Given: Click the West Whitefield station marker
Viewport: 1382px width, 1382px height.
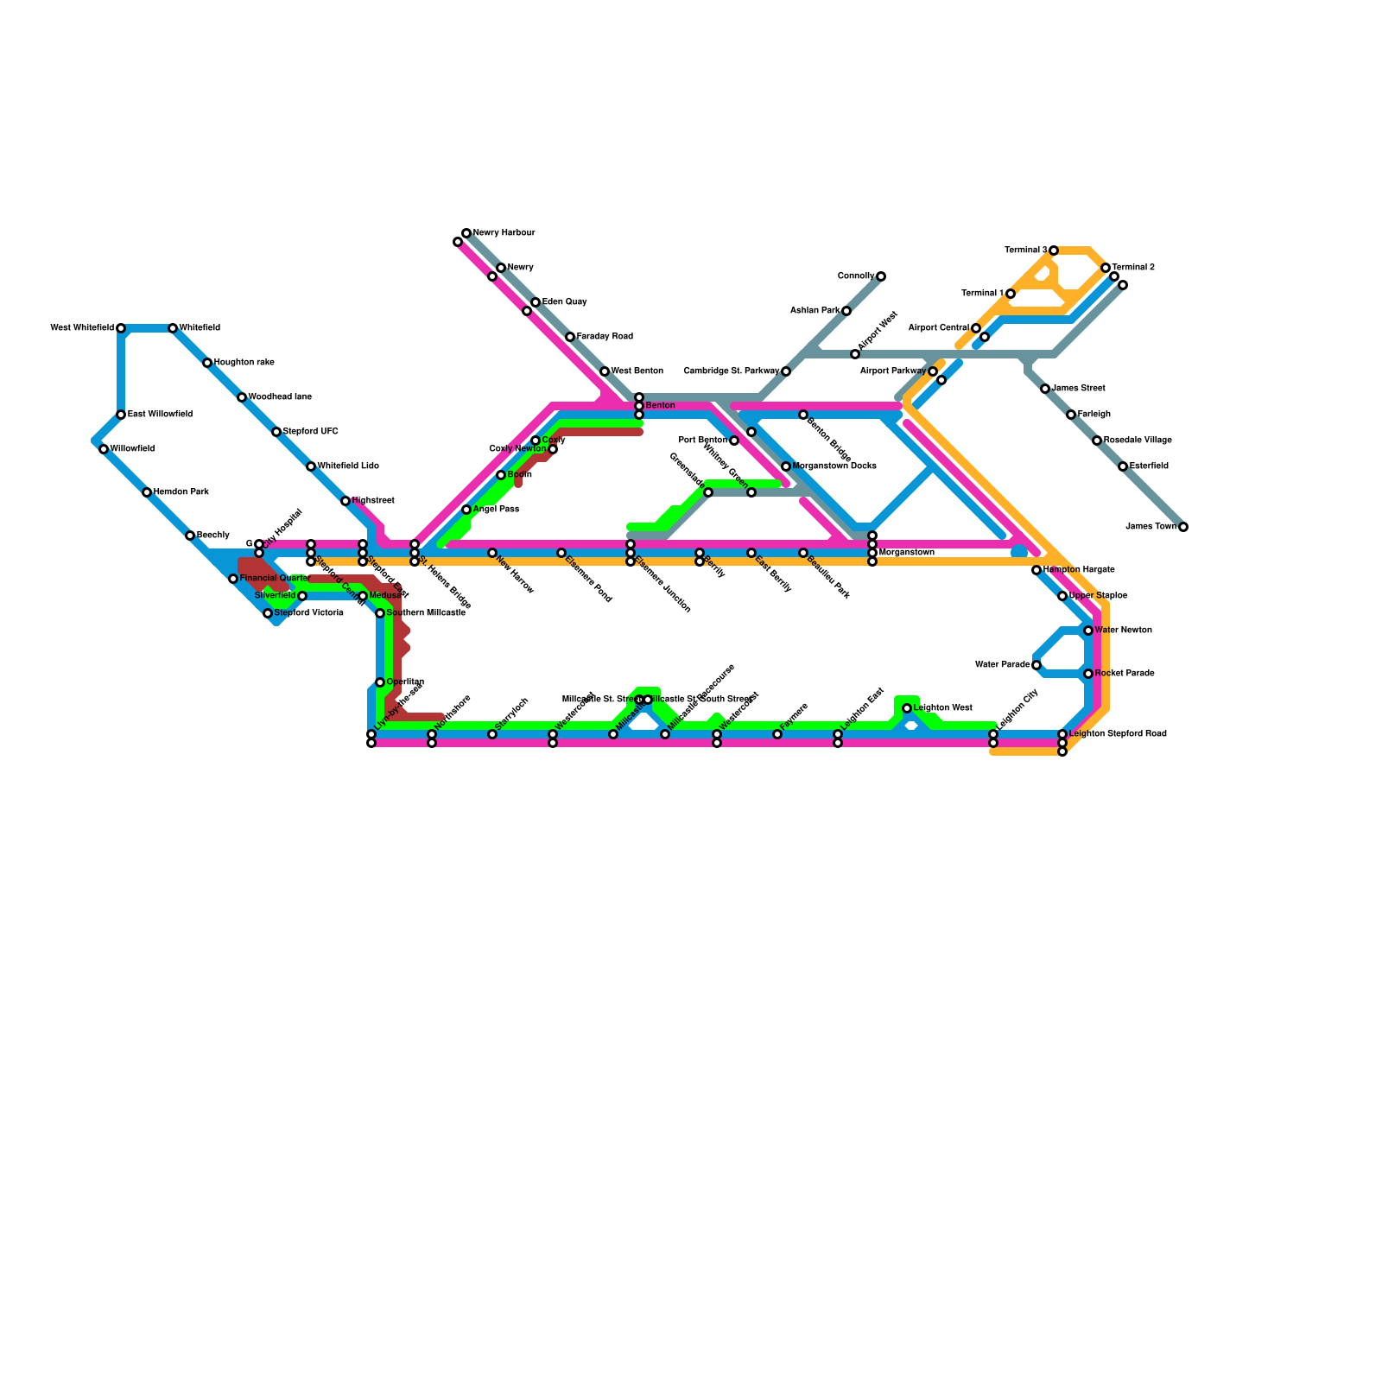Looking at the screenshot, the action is [121, 328].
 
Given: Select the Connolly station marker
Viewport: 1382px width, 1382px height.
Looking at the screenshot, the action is [881, 276].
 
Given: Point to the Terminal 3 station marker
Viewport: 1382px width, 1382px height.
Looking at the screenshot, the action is [1054, 250].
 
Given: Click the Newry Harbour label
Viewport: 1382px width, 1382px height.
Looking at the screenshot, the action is [504, 233].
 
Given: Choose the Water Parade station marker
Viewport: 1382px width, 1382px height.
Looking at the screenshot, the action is [1036, 665].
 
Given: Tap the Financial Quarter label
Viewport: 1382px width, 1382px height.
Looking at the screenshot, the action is [274, 579].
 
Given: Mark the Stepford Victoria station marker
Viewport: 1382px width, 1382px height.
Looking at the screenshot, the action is [268, 613].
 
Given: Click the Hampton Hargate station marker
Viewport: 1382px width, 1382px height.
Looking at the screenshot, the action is [1036, 570].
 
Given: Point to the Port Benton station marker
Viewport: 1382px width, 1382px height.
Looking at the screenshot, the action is [734, 441].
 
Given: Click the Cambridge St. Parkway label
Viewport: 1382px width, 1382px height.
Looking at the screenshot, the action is [731, 371].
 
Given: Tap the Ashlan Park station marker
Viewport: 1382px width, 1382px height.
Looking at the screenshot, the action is [846, 311].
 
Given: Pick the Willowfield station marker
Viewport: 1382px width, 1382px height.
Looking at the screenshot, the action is [104, 449].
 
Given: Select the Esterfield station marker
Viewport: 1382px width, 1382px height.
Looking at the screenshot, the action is [1123, 466].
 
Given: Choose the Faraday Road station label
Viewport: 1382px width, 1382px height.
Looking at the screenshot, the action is [605, 337].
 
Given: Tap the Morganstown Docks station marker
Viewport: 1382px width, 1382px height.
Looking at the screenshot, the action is [786, 466].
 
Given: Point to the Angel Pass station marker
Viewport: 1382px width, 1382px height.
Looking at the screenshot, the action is [466, 510].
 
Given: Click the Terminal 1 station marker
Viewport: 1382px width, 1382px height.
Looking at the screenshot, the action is [1011, 294].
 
